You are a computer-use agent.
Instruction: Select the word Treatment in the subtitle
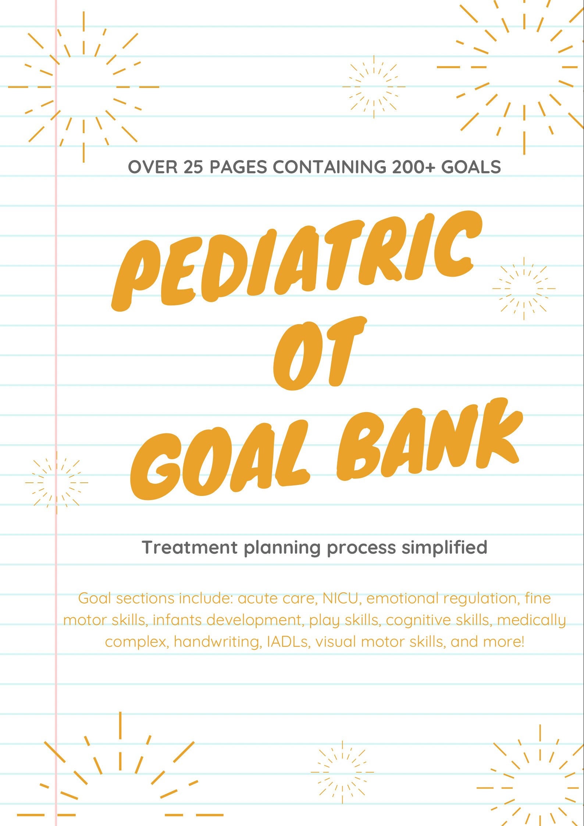190,547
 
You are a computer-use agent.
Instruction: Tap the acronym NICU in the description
340,598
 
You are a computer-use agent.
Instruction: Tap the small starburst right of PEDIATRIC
524,288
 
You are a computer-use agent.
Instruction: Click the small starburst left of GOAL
57,482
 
